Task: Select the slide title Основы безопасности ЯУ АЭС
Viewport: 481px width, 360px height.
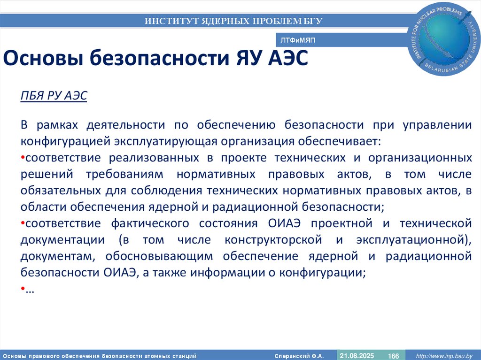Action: point(155,60)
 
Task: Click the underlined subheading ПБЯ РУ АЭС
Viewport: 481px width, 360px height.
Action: point(54,95)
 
